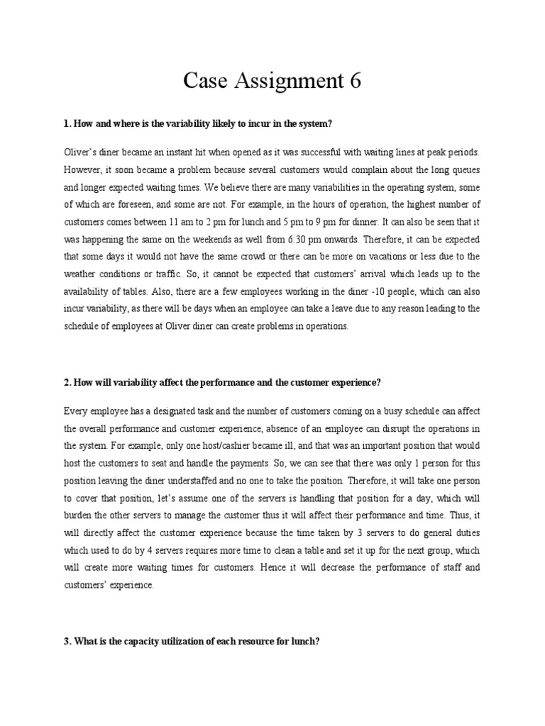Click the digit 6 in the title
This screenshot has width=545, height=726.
[354, 82]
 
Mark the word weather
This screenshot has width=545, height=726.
[83, 274]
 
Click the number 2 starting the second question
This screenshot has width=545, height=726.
[66, 382]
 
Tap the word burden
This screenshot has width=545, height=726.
[79, 515]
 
